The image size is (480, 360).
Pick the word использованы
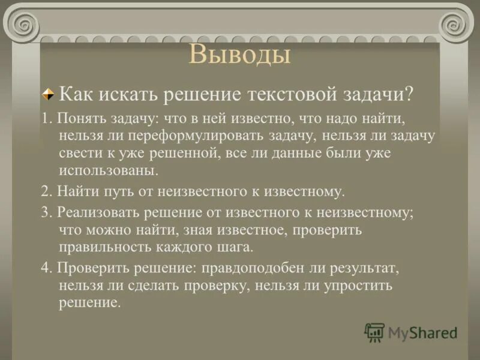[109, 170]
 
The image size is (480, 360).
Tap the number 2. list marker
[46, 192]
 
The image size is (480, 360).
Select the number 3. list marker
[46, 212]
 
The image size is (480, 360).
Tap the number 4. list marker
[46, 268]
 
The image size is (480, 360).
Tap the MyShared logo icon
[374, 332]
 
